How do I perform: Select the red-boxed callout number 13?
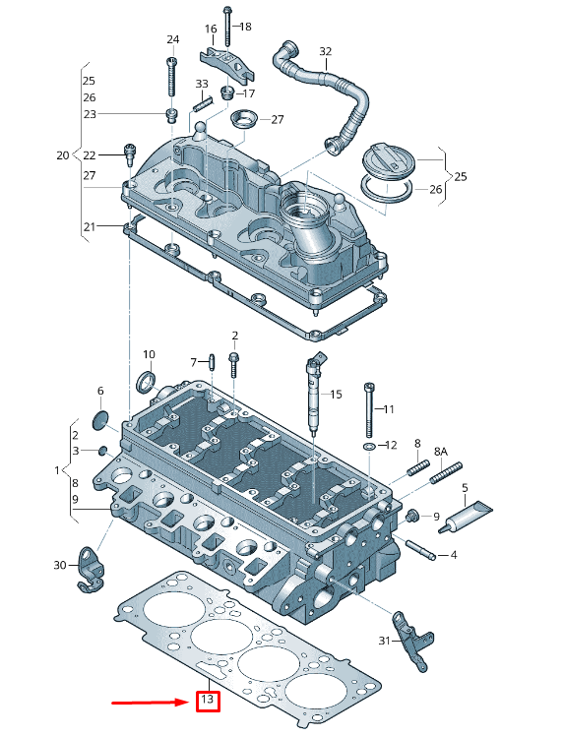click(x=207, y=701)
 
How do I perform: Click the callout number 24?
click(x=173, y=39)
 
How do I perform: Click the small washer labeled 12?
click(x=367, y=447)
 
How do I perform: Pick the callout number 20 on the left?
click(x=63, y=155)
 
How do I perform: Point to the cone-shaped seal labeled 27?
click(x=241, y=120)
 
